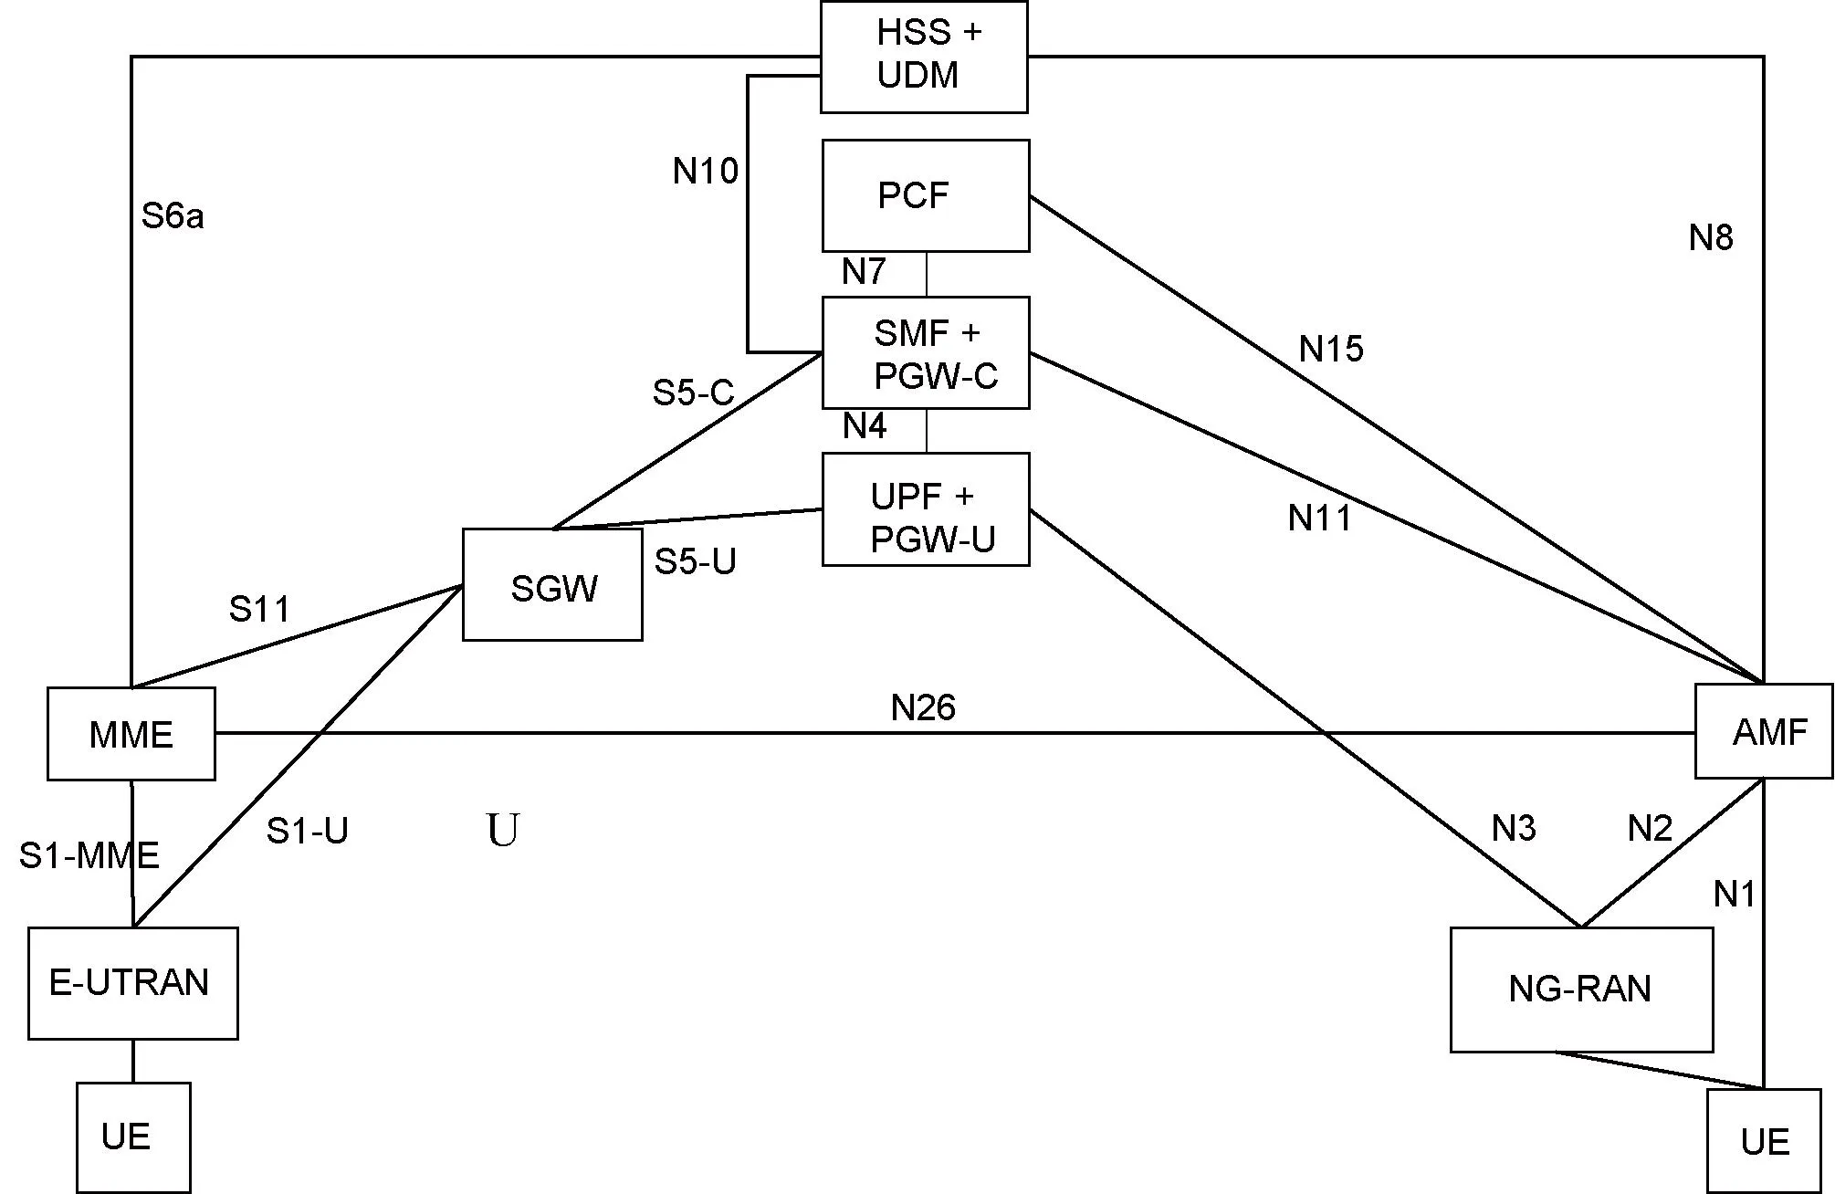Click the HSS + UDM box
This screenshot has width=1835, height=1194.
pos(924,57)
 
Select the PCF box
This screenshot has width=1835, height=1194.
pos(926,195)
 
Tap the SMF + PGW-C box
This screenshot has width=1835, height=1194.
pos(926,352)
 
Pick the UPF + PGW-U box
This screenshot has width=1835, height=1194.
pos(926,509)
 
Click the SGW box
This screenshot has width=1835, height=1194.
pos(552,585)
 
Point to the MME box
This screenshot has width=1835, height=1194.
pos(131,734)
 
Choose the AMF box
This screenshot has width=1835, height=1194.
pos(1764,731)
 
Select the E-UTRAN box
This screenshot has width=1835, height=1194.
pos(133,983)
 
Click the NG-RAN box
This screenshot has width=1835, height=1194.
pos(1581,990)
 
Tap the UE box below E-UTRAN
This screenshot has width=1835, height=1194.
pos(133,1137)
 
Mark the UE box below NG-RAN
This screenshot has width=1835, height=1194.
pos(1764,1141)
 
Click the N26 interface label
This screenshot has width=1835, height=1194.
pos(923,707)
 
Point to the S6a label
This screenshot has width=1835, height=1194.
pos(173,216)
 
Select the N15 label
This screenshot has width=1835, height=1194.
pos(1331,349)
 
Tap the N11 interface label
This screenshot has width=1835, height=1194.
pos(1319,518)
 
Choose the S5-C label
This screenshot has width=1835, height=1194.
pos(693,393)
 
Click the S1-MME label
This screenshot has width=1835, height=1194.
pos(89,855)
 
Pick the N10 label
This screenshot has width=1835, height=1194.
pos(705,171)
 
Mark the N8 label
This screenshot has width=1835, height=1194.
pos(1710,238)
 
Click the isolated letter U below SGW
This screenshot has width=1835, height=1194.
pos(503,831)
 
